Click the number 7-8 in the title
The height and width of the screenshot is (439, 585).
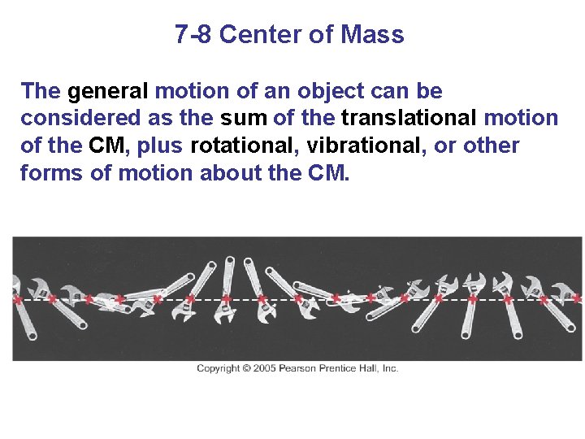point(193,35)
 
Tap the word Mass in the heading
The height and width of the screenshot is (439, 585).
point(372,35)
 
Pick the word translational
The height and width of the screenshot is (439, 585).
point(409,118)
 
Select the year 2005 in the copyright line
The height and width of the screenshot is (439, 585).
point(264,368)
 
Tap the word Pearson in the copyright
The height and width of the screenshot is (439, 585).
point(301,368)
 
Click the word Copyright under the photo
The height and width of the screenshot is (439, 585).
point(219,368)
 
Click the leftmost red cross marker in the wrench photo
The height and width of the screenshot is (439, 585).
point(16,300)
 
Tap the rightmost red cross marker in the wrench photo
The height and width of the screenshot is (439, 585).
point(576,299)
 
